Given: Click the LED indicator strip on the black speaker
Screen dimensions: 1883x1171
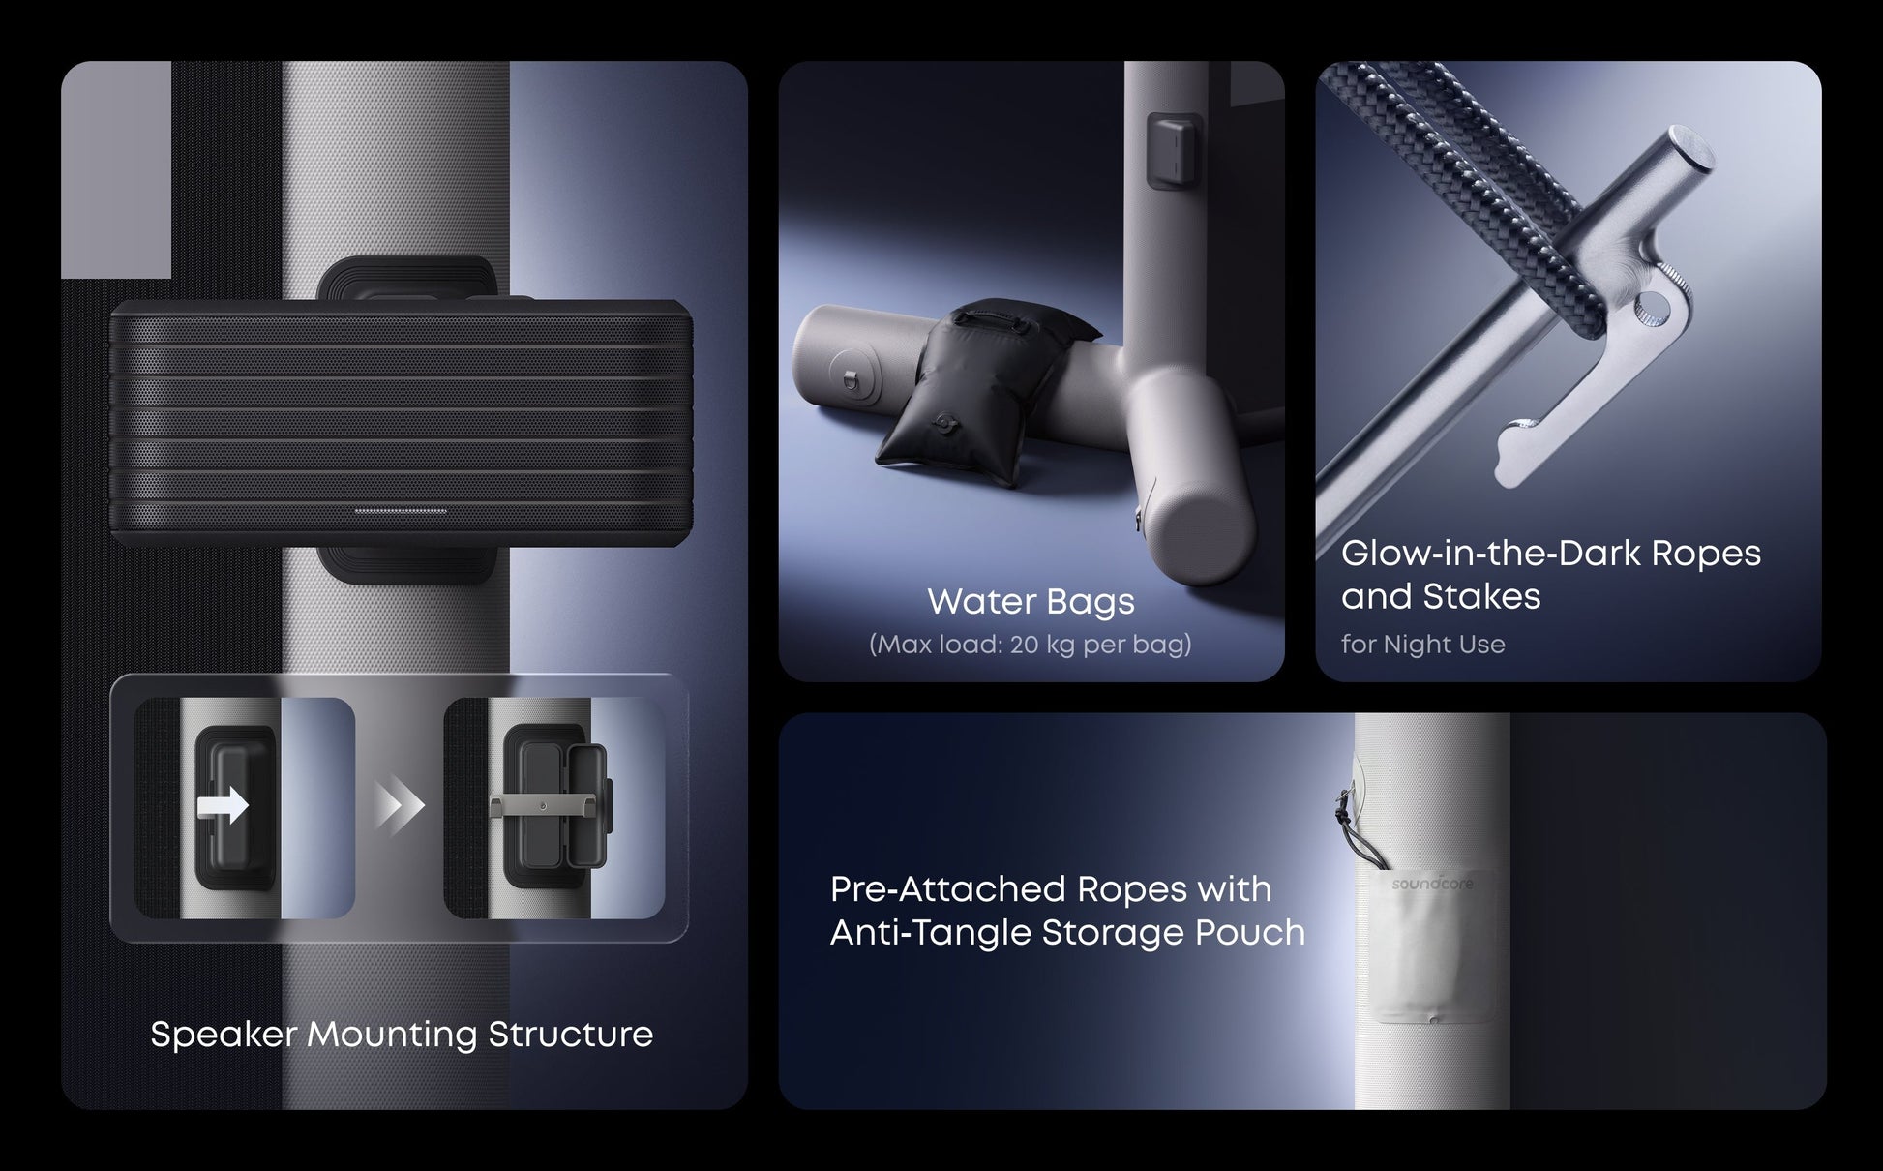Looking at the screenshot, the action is (401, 511).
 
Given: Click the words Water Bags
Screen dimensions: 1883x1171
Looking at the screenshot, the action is (1031, 601).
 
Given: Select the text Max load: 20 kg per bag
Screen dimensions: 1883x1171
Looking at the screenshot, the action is (1031, 645).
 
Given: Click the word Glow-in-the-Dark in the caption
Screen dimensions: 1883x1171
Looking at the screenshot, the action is (1490, 554).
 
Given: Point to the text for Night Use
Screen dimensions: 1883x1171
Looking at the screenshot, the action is (1422, 645).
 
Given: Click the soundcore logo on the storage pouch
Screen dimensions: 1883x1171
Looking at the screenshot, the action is (1432, 885).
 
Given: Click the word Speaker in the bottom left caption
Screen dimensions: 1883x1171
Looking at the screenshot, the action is (224, 1036).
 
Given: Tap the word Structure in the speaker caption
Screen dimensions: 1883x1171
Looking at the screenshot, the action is (570, 1035).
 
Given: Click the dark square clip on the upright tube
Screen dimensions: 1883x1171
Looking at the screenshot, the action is (1175, 150).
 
